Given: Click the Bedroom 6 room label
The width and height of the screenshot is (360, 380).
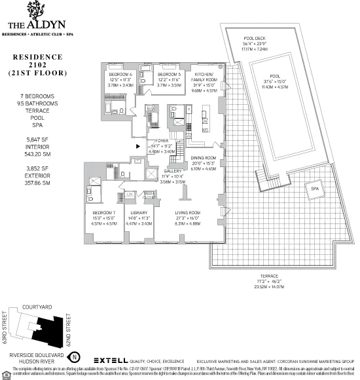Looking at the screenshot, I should click(x=121, y=75).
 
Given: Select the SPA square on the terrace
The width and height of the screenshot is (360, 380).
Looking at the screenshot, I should click(x=314, y=188).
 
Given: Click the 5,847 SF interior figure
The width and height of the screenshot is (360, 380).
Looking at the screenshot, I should click(x=34, y=140).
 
